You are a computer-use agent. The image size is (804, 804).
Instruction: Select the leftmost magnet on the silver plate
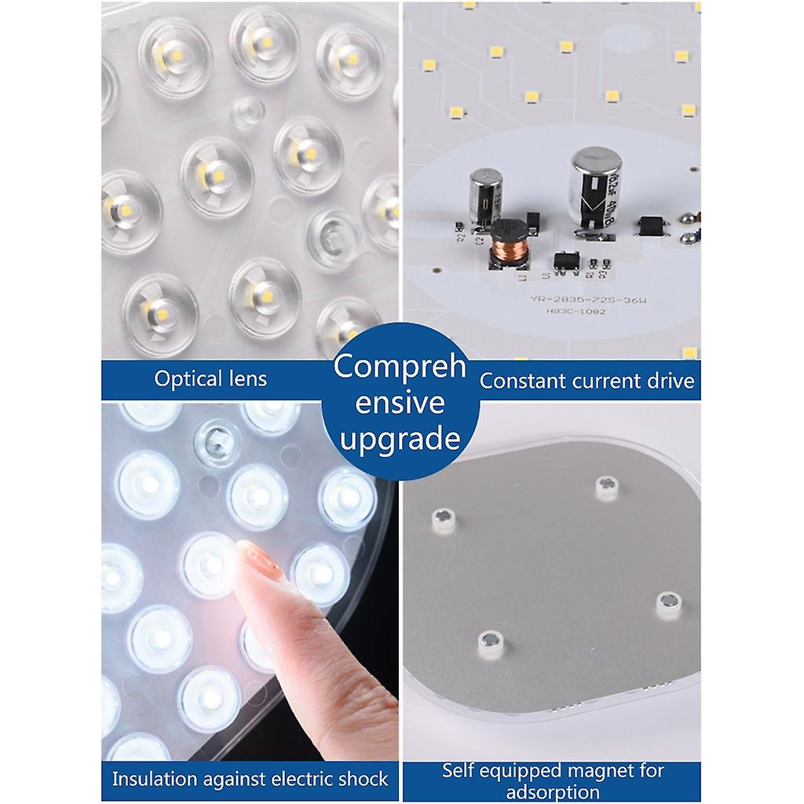coord(443,520)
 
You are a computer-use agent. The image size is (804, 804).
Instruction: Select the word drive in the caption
coord(674,382)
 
